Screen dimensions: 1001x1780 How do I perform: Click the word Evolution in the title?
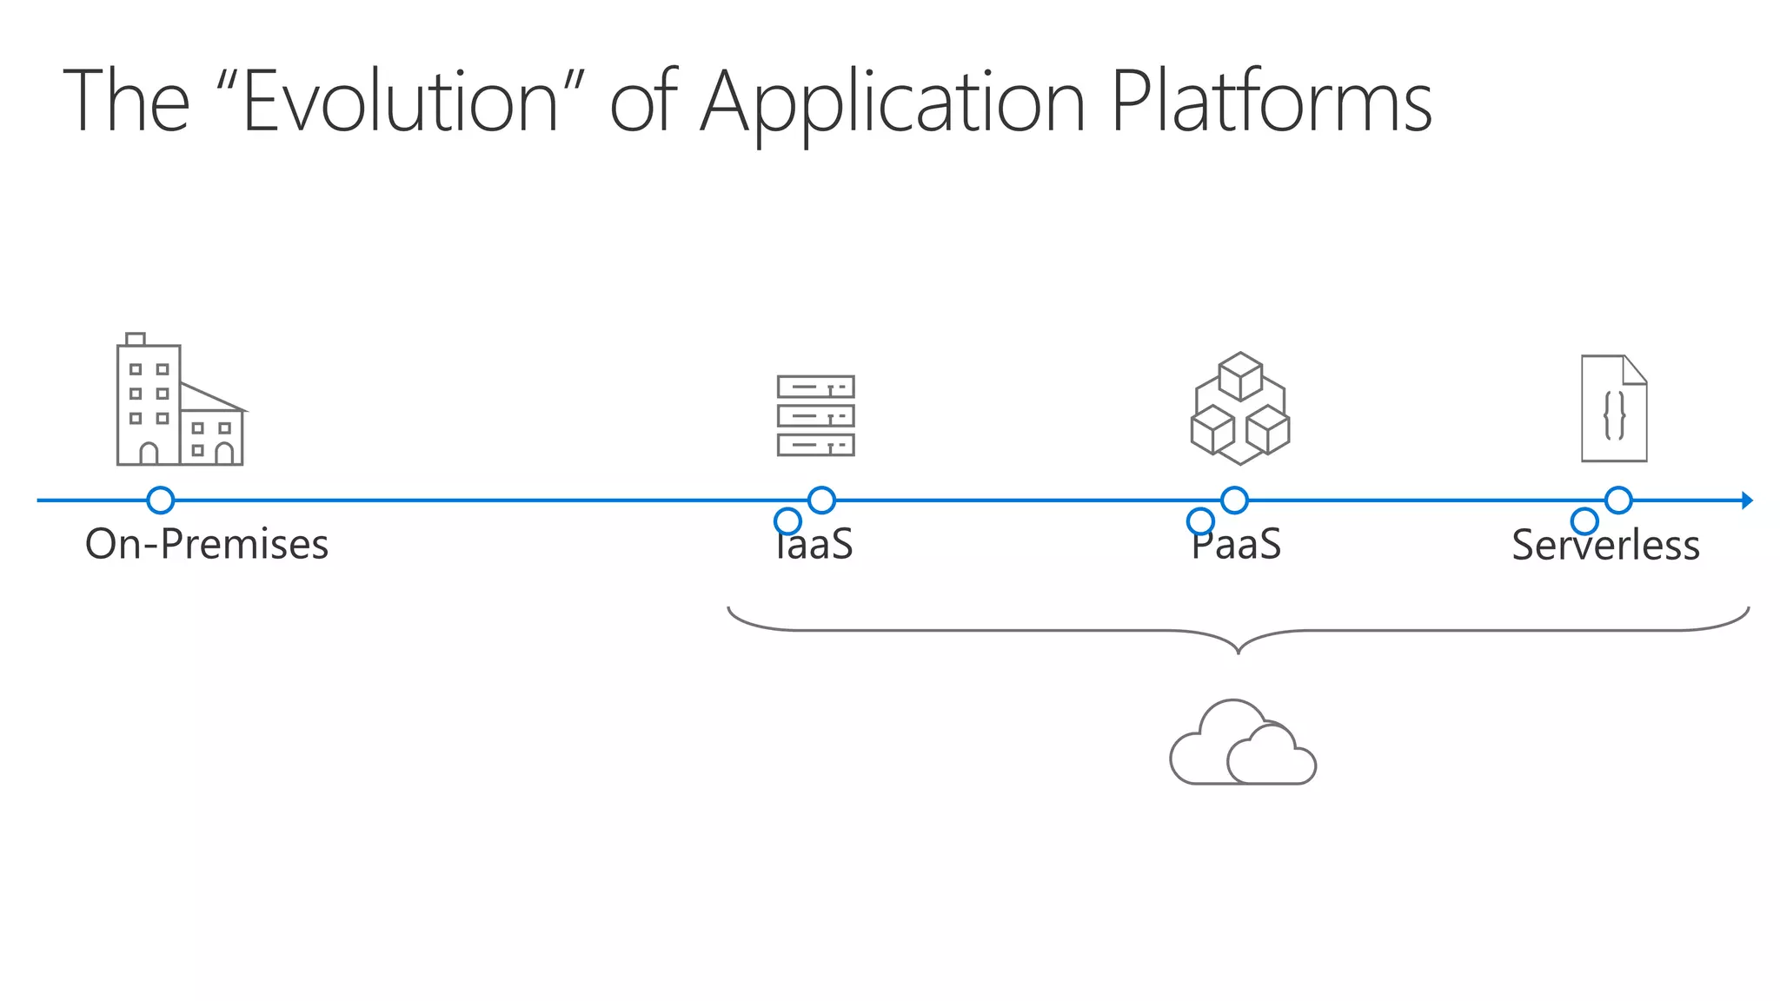[400, 102]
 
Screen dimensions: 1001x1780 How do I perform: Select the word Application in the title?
[893, 102]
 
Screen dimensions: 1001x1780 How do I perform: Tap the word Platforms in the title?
[1271, 102]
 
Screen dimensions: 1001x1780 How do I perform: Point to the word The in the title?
[126, 102]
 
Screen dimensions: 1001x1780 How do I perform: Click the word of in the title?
[643, 102]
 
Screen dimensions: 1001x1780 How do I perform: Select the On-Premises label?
[207, 545]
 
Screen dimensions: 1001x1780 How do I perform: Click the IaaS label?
[814, 545]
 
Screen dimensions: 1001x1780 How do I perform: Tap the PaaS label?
[1236, 545]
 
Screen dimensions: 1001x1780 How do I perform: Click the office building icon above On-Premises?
[180, 401]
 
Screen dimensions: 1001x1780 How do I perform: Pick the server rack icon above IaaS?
[815, 415]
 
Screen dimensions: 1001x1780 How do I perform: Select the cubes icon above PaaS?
[1240, 408]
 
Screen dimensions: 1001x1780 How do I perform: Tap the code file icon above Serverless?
[1614, 408]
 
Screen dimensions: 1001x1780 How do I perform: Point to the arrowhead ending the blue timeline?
[1747, 500]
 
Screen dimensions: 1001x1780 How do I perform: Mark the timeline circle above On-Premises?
[161, 500]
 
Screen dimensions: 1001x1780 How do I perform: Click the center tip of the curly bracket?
[1239, 650]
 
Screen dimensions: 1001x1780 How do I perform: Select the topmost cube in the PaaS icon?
[1240, 375]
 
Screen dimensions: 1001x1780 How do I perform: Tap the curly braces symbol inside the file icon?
[1614, 415]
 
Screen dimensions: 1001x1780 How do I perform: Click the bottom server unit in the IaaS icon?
[815, 445]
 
